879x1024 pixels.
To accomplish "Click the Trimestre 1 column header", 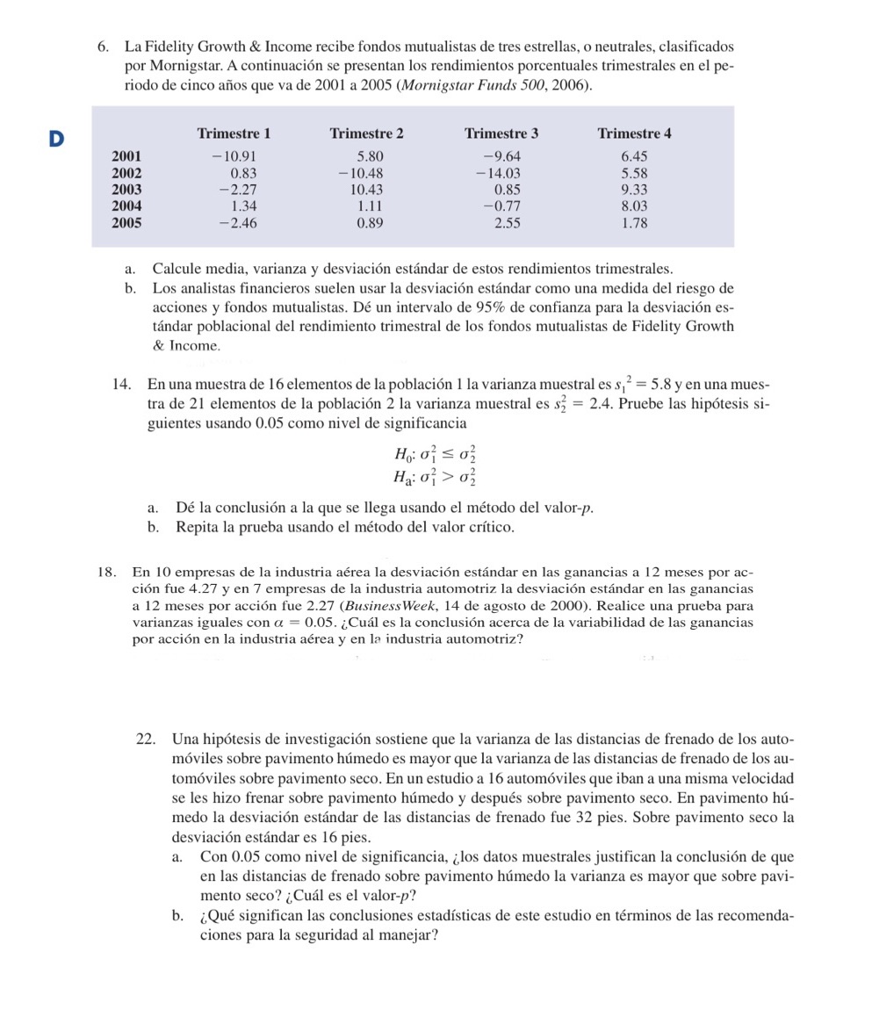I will (x=234, y=133).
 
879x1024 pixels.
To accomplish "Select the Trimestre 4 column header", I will (x=634, y=133).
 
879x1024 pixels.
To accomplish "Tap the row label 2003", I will (x=126, y=189).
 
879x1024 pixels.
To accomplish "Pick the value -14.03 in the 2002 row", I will (x=498, y=173).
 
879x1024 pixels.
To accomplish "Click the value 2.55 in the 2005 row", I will (x=508, y=222).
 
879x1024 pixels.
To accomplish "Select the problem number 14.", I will (x=122, y=385).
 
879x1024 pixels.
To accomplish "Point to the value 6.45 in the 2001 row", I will (x=634, y=157).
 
